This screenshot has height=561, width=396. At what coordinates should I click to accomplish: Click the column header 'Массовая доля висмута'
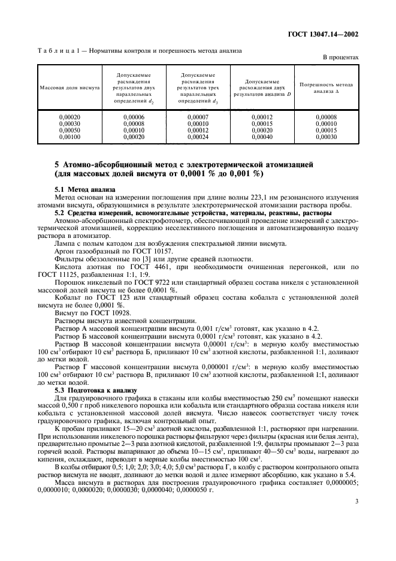[69, 88]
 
